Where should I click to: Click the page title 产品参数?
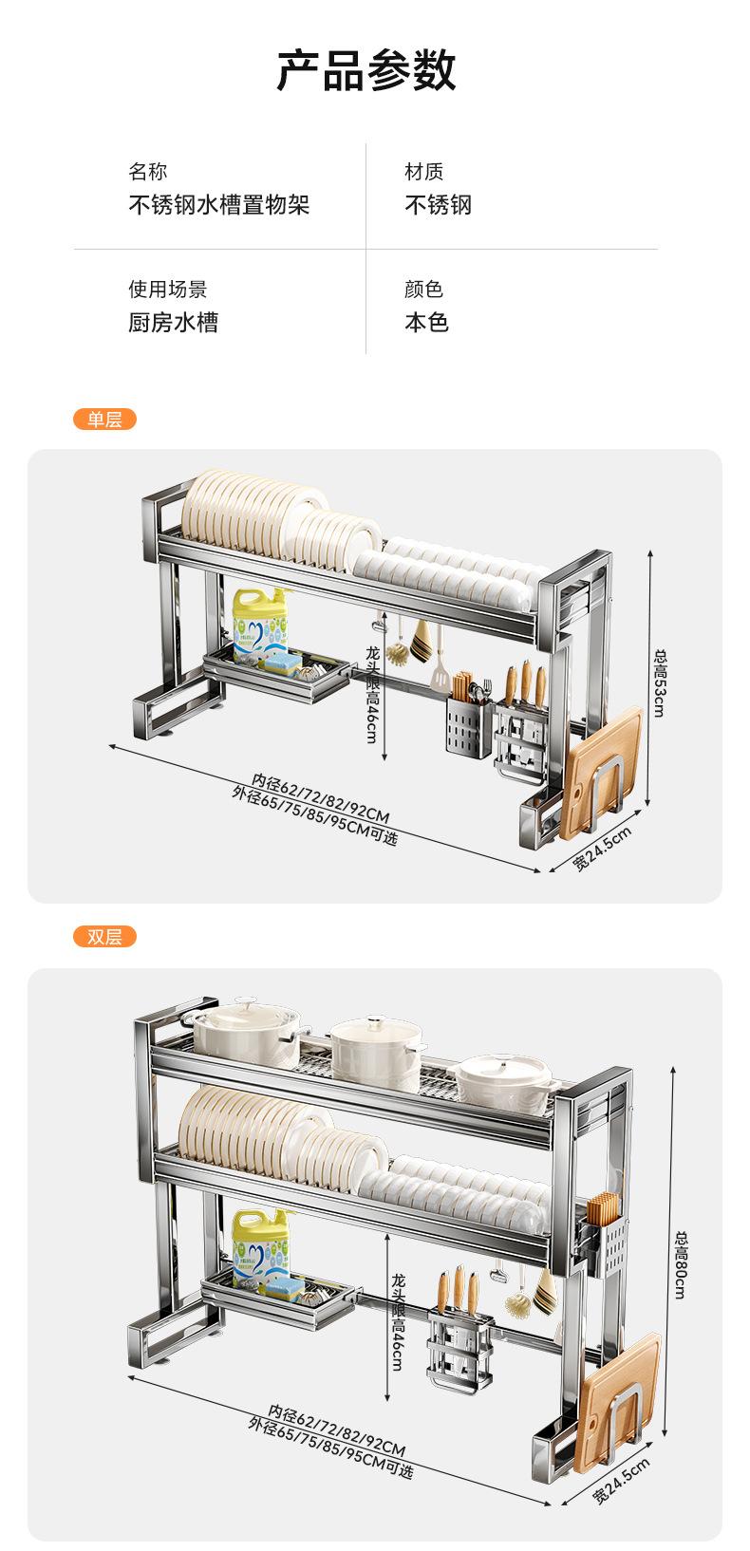(x=366, y=71)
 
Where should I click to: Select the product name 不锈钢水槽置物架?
(x=218, y=205)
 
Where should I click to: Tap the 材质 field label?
(x=423, y=172)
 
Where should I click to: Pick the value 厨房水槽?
(x=173, y=323)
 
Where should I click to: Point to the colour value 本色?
(x=426, y=323)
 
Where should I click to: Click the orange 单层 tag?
(x=104, y=419)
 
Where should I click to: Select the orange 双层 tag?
(x=104, y=937)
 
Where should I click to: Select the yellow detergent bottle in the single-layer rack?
(x=260, y=621)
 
